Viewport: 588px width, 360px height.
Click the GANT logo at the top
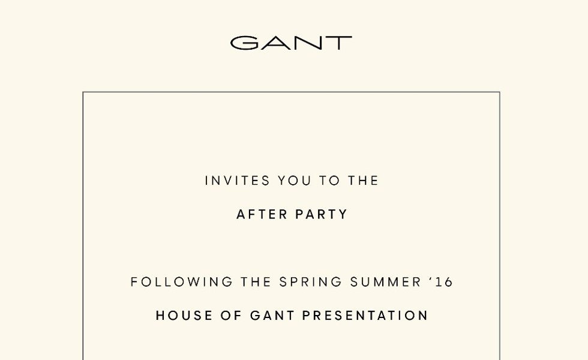point(291,43)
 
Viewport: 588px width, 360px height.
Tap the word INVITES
point(238,181)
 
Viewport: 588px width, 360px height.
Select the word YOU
point(295,181)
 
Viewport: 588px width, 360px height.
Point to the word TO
point(329,181)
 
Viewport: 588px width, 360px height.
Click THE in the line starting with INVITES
point(363,181)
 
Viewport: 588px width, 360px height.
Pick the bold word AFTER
point(262,215)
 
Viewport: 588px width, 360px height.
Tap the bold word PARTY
point(322,215)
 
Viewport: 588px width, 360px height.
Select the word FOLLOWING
point(181,282)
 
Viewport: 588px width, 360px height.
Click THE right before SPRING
point(256,282)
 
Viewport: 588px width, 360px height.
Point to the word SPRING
point(311,282)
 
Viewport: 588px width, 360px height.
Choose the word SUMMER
point(386,282)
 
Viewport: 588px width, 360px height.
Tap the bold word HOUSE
point(184,316)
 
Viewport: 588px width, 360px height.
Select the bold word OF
point(231,316)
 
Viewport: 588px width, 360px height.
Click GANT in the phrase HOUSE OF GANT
point(272,316)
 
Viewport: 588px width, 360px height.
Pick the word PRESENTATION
point(365,316)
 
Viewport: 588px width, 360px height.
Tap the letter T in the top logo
point(338,43)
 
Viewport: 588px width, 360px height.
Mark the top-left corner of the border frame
point(83,92)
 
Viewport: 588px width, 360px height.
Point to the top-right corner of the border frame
point(500,92)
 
